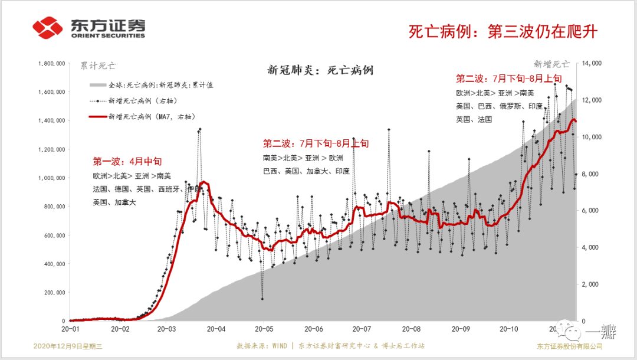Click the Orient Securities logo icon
click(48, 27)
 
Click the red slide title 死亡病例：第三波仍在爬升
click(503, 31)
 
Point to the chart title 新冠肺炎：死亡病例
click(320, 70)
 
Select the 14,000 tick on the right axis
click(591, 63)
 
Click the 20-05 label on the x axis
click(263, 329)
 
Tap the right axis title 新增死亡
click(551, 64)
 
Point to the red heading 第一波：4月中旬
click(127, 161)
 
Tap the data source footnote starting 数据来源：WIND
click(330, 346)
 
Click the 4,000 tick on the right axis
click(590, 247)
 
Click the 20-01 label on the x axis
click(70, 329)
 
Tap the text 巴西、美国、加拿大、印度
click(306, 171)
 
